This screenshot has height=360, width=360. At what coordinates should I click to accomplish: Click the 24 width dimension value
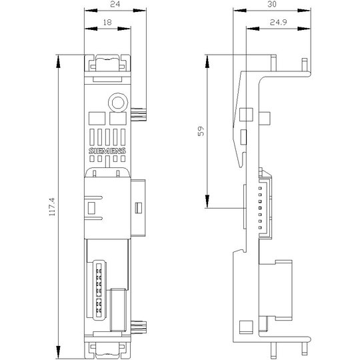pos(115,4)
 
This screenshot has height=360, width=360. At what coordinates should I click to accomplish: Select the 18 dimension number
pos(107,22)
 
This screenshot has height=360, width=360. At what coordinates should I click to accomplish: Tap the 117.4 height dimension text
pos(53,207)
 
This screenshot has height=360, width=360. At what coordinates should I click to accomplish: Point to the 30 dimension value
pos(272,4)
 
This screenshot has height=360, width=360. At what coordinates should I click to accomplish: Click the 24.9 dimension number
pos(278,22)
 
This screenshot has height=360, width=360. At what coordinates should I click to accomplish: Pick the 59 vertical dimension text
pos(201,131)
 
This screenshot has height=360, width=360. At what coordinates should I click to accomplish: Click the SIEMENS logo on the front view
pos(107,151)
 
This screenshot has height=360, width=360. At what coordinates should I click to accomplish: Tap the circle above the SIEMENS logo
pos(118,103)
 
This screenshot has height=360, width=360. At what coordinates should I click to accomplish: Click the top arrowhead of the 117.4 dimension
pos(58,61)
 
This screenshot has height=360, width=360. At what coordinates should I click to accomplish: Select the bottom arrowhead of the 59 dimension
pos(207,201)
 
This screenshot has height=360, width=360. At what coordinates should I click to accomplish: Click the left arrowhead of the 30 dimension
pos(240,11)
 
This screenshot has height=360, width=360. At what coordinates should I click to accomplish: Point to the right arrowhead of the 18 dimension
pos(124,29)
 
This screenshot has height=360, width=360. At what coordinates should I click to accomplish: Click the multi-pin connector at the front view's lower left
pos(97,290)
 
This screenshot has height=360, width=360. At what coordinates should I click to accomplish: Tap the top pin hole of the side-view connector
pos(260,188)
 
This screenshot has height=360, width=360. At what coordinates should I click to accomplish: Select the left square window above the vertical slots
pos(97,119)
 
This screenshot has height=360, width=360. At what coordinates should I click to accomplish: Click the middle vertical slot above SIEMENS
pos(107,137)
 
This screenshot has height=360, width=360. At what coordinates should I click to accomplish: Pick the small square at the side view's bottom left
pos(246,327)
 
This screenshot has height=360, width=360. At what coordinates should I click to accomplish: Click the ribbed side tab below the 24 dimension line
pos(139,115)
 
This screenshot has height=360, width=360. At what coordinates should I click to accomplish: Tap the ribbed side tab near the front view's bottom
pos(139,327)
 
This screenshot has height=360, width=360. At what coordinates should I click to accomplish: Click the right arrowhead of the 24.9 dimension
pos(304,29)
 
